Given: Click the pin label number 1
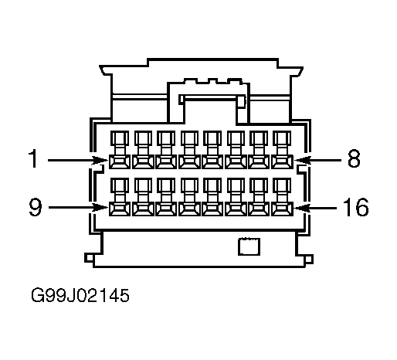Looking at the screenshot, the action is tap(33, 158).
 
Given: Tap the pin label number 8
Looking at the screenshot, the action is tap(354, 158).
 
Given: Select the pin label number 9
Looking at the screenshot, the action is tap(35, 207).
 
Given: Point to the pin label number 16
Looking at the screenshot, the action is tap(356, 207).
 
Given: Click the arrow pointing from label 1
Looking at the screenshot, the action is tap(78, 160).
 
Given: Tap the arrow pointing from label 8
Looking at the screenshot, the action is tap(317, 160).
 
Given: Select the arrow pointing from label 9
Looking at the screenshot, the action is tap(78, 208).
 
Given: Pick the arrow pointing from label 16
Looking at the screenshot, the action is tap(315, 208).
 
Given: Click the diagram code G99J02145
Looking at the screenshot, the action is tap(80, 295).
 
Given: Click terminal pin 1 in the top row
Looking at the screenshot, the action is tap(120, 150).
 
